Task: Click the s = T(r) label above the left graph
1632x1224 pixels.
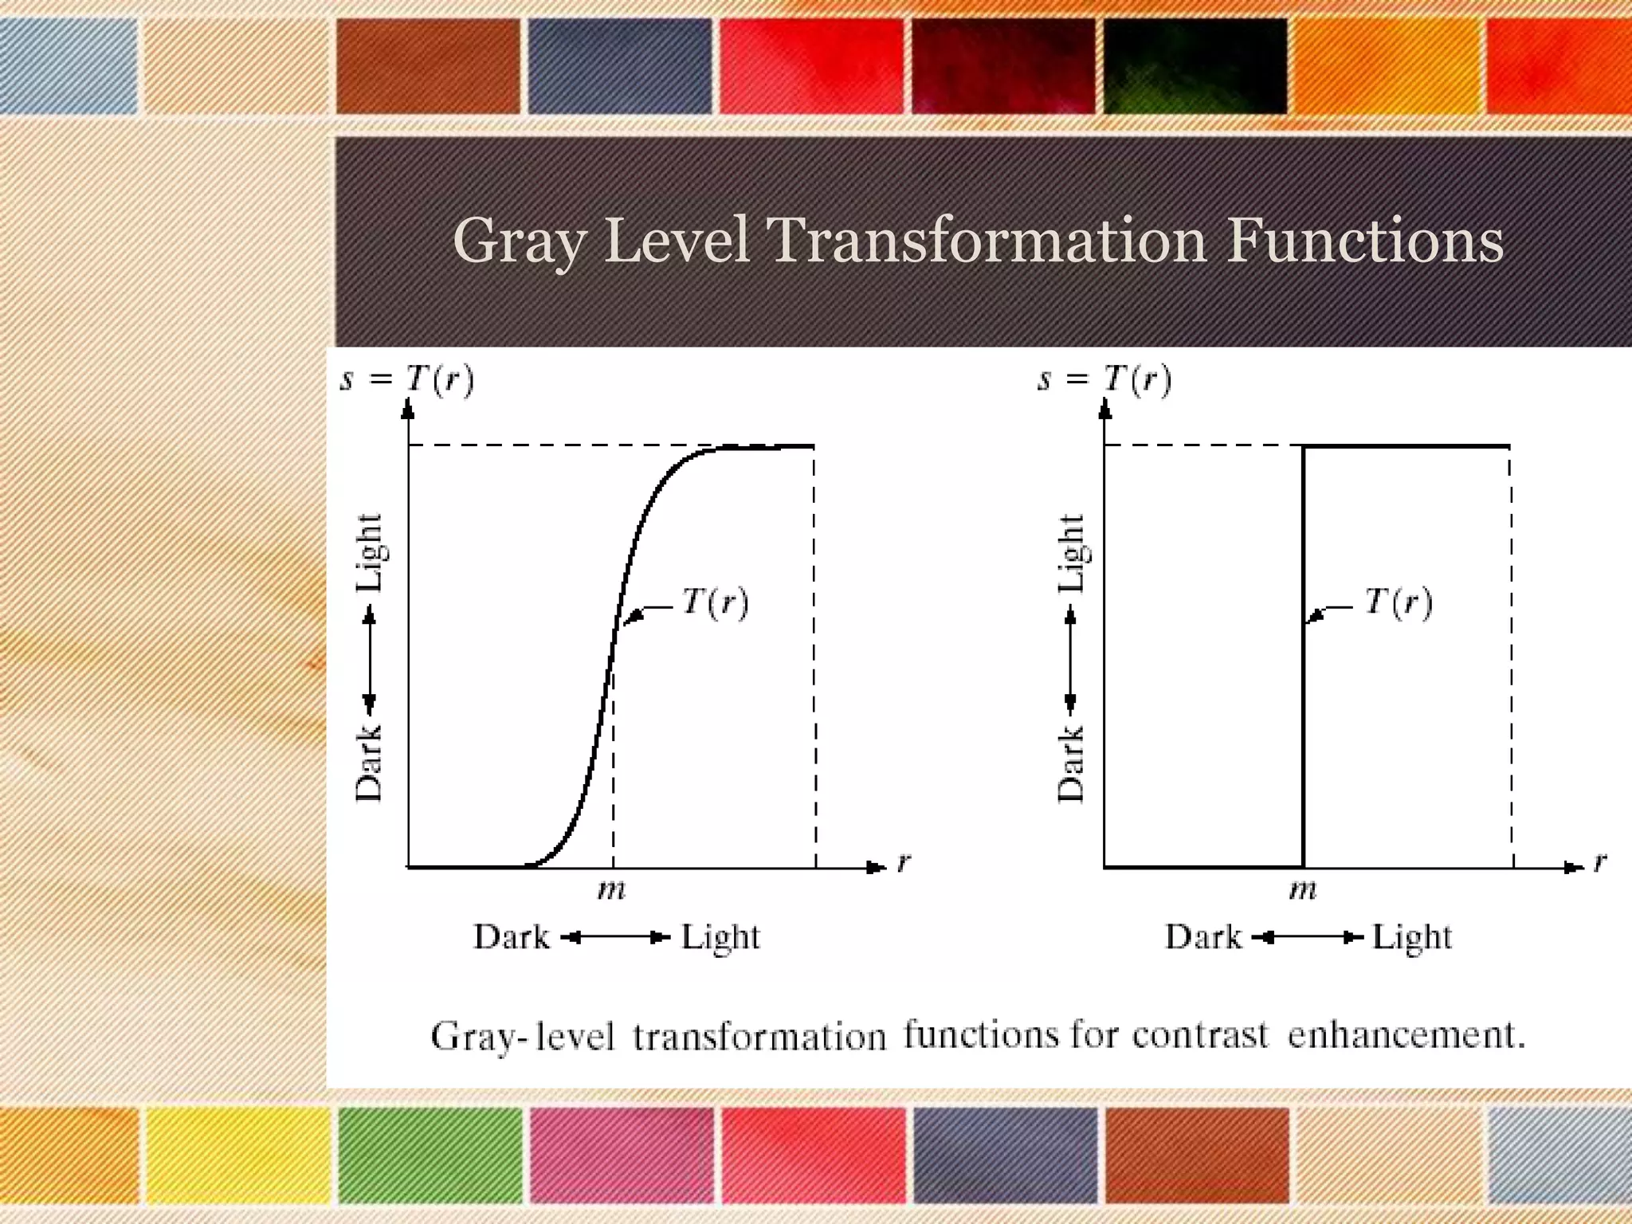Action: [x=407, y=379]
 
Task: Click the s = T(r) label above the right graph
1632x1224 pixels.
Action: [x=1104, y=379]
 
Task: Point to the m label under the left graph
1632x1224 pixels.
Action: [x=612, y=889]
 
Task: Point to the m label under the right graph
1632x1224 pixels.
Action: [x=1303, y=889]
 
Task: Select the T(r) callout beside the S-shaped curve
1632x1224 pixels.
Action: [x=715, y=602]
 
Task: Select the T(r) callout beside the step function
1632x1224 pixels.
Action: [x=1398, y=602]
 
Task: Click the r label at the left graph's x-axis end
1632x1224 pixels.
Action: [x=903, y=862]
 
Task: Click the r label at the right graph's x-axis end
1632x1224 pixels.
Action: [x=1599, y=862]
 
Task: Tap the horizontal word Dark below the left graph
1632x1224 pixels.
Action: [x=512, y=937]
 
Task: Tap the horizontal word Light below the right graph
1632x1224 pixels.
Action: [x=1411, y=937]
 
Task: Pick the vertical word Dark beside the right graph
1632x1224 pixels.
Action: [x=1071, y=763]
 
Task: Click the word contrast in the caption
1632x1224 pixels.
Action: [x=1199, y=1035]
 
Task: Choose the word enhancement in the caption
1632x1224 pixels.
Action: [x=1406, y=1035]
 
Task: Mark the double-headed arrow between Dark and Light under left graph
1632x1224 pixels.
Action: [x=615, y=938]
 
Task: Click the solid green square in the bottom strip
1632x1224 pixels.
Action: [x=430, y=1155]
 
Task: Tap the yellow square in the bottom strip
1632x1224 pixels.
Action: [x=237, y=1155]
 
